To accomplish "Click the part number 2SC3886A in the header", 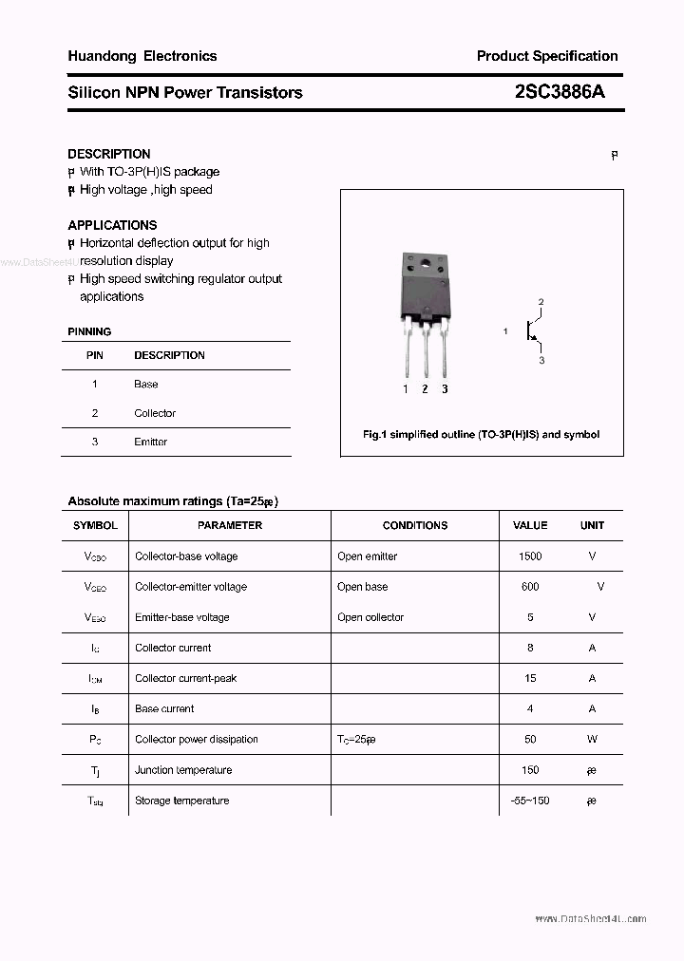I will (x=559, y=92).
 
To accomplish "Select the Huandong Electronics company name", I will (x=142, y=56).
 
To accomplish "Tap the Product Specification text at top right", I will (x=547, y=56).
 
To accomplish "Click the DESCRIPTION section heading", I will (x=109, y=154).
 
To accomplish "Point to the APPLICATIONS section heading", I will (x=112, y=225).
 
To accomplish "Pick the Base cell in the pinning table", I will (x=146, y=385).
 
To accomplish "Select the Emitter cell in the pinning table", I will (x=151, y=442).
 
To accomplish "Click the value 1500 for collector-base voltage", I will (x=530, y=556).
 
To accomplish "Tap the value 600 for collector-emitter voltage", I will (x=530, y=587).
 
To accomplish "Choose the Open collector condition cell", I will (x=370, y=617).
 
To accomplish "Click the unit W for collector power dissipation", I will (x=592, y=740).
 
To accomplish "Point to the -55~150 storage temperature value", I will (x=530, y=801).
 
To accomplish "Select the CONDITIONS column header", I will (x=415, y=525).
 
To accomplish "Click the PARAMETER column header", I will (x=230, y=525).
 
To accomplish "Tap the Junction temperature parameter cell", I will (x=183, y=770).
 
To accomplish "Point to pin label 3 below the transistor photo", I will (x=445, y=389).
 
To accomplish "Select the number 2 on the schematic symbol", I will (x=541, y=302).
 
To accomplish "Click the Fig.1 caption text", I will (x=482, y=434).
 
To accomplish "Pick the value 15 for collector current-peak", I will (x=530, y=678).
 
